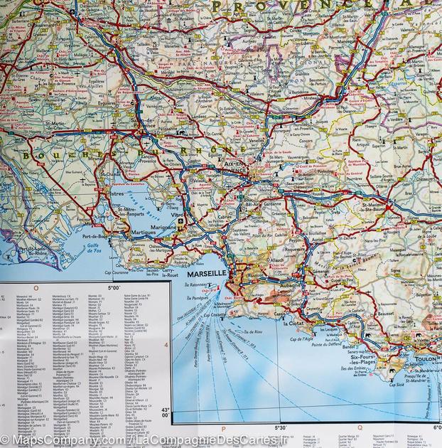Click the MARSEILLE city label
pos(205,274)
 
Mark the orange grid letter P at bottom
pos(223,429)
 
